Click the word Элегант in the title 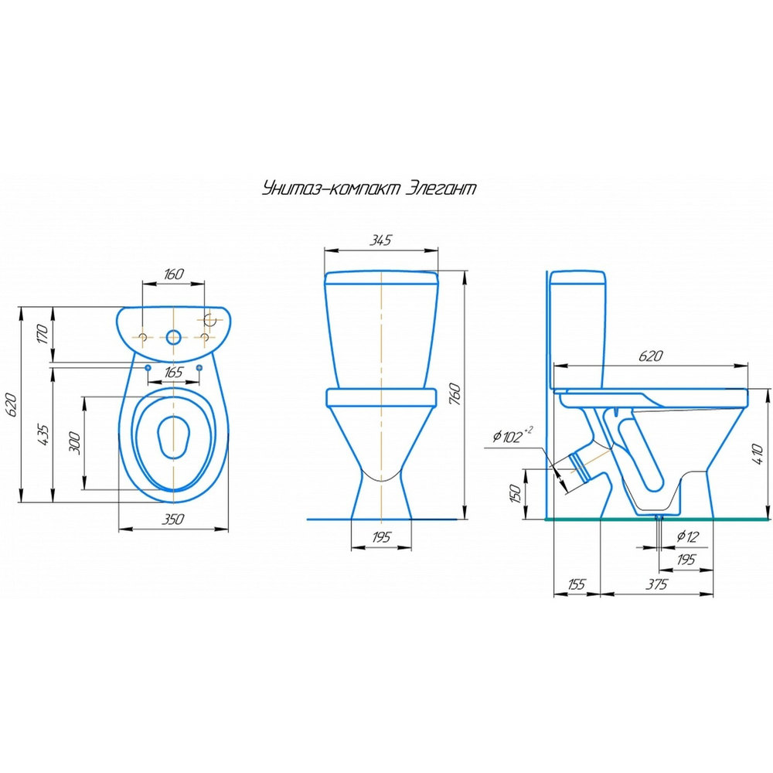coord(441,189)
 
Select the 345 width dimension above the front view coord(379,240)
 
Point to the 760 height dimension coord(456,394)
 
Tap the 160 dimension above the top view coord(174,274)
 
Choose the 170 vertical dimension coord(43,335)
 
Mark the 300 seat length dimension coord(74,442)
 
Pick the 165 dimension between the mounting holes coord(174,373)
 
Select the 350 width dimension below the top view coord(173,520)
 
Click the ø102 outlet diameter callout coord(510,437)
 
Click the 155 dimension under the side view coord(576,584)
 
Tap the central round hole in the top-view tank coord(175,337)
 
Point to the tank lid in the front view coord(382,278)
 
